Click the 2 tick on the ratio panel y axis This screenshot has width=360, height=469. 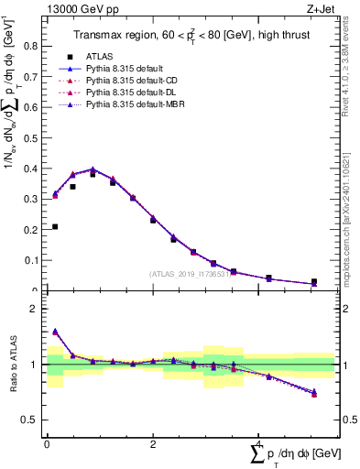[37, 309]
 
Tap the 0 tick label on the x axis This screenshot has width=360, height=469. [47, 444]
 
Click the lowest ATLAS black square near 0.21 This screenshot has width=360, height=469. [55, 226]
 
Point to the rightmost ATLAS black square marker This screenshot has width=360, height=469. [314, 282]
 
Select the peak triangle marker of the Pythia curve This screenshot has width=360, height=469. [93, 169]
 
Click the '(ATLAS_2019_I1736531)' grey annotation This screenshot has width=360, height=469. [189, 274]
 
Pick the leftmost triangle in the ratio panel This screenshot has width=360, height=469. [55, 332]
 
